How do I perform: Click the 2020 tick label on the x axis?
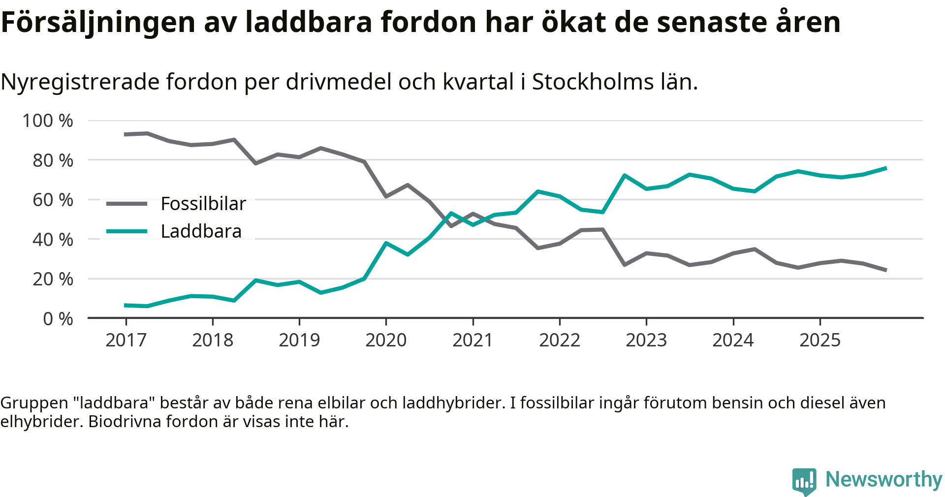(386, 340)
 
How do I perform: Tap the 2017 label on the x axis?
(126, 340)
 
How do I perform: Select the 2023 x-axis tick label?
(646, 340)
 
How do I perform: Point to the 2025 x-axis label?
(820, 340)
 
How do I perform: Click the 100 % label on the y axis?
(48, 121)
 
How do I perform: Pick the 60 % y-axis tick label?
(53, 200)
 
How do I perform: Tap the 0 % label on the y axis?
(58, 319)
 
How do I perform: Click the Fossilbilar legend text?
(203, 204)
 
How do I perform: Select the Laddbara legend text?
(201, 231)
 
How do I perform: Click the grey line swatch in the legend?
(127, 204)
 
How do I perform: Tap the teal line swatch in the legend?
(127, 231)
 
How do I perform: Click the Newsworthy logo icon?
(804, 481)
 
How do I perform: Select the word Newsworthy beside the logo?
(883, 479)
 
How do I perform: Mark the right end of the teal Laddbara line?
(885, 168)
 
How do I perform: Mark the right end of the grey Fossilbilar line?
(885, 270)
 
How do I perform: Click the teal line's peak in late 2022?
(624, 175)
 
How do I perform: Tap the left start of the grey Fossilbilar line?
(126, 134)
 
